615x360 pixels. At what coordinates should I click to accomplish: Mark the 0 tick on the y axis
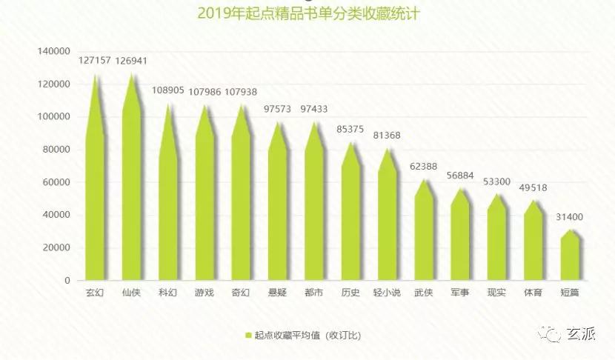coord(67,281)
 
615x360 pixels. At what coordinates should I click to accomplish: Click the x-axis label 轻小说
coord(387,293)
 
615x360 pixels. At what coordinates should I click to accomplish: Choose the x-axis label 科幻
coord(167,293)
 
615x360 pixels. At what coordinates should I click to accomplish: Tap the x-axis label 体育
coord(533,293)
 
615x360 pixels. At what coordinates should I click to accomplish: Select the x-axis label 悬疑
coord(277,293)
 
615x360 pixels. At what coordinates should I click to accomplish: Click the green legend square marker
coord(248,336)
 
